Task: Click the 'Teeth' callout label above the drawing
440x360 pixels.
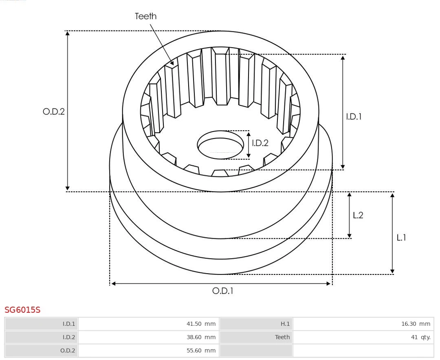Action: (145, 16)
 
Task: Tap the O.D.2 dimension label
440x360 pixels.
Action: (54, 112)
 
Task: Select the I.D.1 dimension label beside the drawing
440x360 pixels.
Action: (354, 117)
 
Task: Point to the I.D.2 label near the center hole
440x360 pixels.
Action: (260, 143)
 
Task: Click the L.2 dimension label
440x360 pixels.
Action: (358, 215)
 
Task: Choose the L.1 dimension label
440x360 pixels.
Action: (401, 238)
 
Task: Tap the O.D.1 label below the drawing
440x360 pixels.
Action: (223, 291)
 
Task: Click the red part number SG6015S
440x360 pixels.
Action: (22, 310)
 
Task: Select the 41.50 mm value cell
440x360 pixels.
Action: (149, 324)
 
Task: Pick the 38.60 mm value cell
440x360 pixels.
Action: (149, 337)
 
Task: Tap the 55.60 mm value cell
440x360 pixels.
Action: (149, 351)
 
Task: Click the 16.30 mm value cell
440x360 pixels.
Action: (363, 324)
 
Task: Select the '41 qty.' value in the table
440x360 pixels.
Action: (363, 337)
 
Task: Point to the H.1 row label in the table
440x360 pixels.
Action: (256, 324)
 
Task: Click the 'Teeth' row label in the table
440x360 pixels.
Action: (256, 337)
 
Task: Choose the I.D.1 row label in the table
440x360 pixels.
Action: (41, 324)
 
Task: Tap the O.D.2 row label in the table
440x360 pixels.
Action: (41, 351)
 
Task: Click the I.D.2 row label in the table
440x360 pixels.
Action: (41, 337)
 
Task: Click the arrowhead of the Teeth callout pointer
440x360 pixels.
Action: (172, 64)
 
